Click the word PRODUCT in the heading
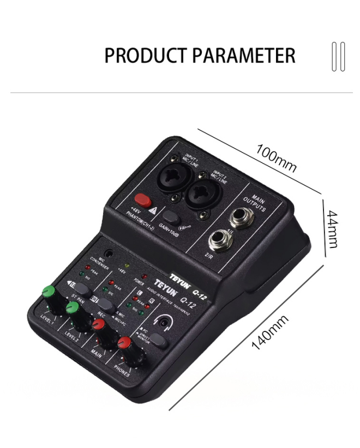139,56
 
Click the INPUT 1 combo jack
174,178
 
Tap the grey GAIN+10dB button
171,217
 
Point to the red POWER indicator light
144,276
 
